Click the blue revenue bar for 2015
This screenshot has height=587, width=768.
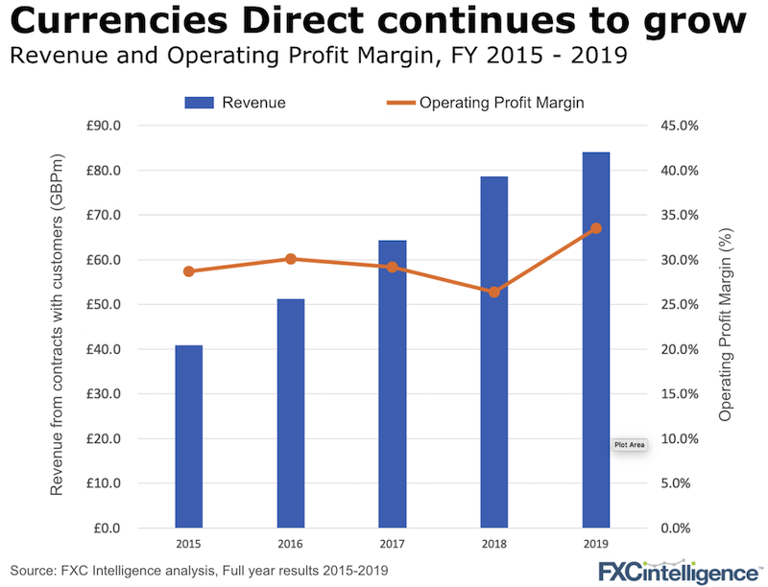pyautogui.click(x=188, y=436)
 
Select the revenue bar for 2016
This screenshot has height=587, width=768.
pyautogui.click(x=290, y=412)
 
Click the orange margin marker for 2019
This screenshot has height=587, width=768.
pyautogui.click(x=595, y=228)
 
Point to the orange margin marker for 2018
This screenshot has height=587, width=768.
pyautogui.click(x=493, y=292)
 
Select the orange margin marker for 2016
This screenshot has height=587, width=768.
pyautogui.click(x=290, y=259)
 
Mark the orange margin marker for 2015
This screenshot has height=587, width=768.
pyautogui.click(x=188, y=271)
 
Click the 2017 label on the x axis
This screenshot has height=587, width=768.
pyautogui.click(x=392, y=544)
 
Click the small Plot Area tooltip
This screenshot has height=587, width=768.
pyautogui.click(x=630, y=445)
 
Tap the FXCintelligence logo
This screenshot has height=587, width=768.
pyautogui.click(x=676, y=571)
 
